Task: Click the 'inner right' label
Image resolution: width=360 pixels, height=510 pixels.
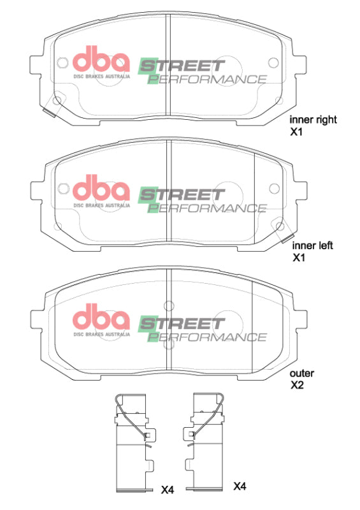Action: point(313,119)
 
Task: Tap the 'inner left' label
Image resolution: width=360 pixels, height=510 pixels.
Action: point(313,245)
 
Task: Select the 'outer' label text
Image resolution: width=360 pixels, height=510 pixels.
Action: point(302,373)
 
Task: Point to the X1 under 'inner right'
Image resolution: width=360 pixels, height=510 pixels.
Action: point(296,132)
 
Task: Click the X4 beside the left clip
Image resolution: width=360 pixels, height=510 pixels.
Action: point(167,490)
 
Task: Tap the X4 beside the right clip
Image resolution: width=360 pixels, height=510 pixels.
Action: point(240,486)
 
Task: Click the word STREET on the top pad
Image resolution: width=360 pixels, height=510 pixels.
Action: point(182,65)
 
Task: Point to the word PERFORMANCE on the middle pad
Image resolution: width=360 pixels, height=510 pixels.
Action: point(207,208)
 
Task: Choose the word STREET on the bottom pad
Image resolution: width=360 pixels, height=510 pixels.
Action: point(182,323)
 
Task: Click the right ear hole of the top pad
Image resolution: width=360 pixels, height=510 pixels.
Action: point(275,62)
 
